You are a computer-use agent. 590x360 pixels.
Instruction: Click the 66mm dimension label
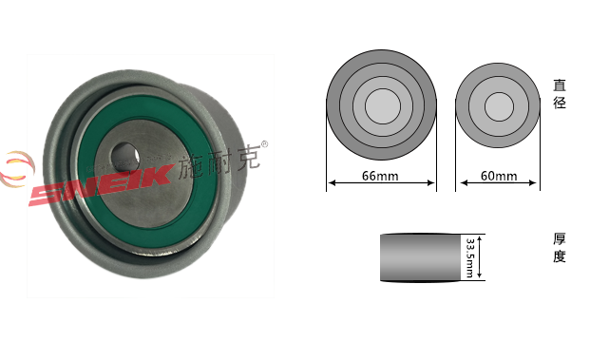tap(380, 176)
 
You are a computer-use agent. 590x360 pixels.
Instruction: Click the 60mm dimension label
tap(499, 176)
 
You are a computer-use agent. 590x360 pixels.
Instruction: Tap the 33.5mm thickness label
tap(469, 257)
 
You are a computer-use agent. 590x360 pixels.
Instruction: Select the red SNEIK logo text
tap(101, 184)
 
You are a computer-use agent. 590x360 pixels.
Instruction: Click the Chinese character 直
tap(560, 85)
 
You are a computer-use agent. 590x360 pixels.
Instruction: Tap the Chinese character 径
tap(560, 102)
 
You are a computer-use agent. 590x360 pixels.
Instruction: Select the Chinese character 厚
tap(560, 238)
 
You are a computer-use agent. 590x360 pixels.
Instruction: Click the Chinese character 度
tap(560, 256)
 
